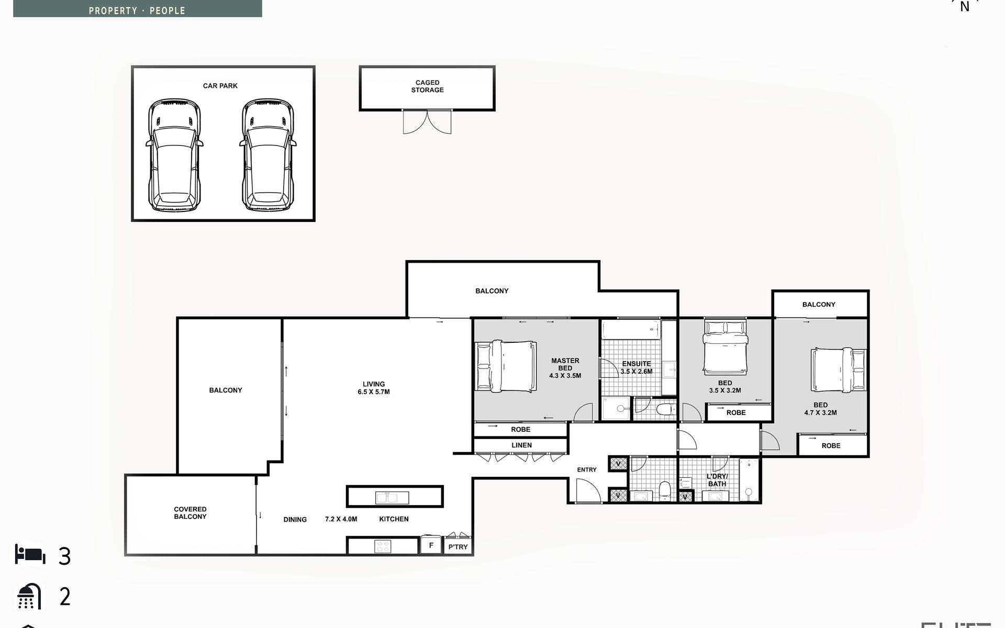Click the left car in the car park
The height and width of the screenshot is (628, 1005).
pyautogui.click(x=174, y=155)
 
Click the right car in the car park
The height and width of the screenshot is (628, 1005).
pyautogui.click(x=268, y=155)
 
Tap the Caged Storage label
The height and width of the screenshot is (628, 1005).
pyautogui.click(x=427, y=86)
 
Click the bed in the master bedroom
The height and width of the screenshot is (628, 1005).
pyautogui.click(x=506, y=366)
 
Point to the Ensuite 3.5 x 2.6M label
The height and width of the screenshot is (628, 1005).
pyautogui.click(x=636, y=367)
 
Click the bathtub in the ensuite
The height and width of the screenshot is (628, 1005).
pyautogui.click(x=631, y=330)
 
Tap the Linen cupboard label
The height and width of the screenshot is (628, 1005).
pyautogui.click(x=521, y=445)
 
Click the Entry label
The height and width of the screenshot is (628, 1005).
pyautogui.click(x=587, y=470)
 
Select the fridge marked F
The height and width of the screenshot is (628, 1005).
pyautogui.click(x=431, y=545)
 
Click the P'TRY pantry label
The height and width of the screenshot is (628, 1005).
pyautogui.click(x=458, y=547)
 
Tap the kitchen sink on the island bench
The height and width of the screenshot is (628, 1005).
pyautogui.click(x=392, y=498)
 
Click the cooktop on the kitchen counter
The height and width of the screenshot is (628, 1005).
pyautogui.click(x=383, y=546)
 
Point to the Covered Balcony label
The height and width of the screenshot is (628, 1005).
pyautogui.click(x=190, y=513)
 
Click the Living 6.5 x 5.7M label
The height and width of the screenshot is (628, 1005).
pyautogui.click(x=374, y=388)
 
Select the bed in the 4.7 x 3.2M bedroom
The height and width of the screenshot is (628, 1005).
pyautogui.click(x=839, y=370)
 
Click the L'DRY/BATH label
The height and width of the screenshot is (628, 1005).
pyautogui.click(x=717, y=480)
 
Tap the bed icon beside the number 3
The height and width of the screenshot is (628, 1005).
pyautogui.click(x=30, y=554)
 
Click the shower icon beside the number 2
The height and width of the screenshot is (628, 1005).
pyautogui.click(x=29, y=596)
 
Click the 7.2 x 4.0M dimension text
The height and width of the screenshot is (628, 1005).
pyautogui.click(x=341, y=519)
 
